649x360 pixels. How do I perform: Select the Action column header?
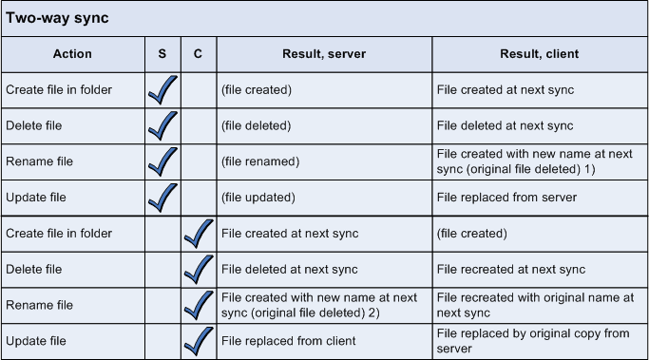(x=72, y=54)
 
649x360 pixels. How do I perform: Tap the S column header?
(x=162, y=54)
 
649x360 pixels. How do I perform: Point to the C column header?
(x=198, y=54)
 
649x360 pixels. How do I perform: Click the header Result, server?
(x=324, y=54)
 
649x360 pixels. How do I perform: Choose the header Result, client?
(x=539, y=54)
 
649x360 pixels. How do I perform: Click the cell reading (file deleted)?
(x=257, y=126)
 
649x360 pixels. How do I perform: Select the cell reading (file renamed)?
(x=260, y=162)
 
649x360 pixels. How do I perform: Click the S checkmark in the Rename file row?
(x=162, y=161)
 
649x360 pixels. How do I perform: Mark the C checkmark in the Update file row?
(x=198, y=339)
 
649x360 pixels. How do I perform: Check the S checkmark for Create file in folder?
(x=162, y=89)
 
